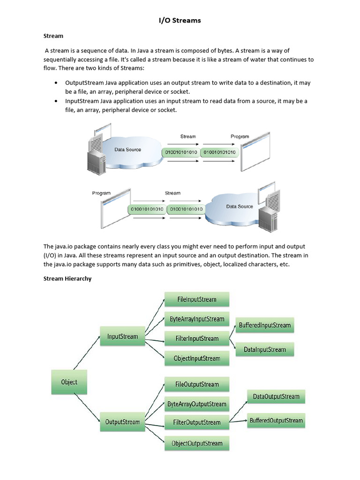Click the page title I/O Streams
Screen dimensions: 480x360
coord(180,20)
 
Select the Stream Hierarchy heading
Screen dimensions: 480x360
coord(67,278)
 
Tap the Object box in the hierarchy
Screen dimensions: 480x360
coord(69,382)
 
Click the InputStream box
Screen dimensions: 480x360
coord(122,336)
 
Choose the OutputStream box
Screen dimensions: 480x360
coord(122,422)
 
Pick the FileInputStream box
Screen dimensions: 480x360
coord(196,299)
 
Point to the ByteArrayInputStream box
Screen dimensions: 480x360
coord(196,319)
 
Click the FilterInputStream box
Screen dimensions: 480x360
coord(196,338)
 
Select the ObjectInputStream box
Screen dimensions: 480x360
coord(196,359)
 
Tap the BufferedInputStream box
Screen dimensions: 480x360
coord(264,325)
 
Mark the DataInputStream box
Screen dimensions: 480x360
coord(264,349)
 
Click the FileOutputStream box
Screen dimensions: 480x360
coord(196,384)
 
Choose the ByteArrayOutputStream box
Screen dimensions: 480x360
coord(196,404)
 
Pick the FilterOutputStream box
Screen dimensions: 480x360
coord(196,422)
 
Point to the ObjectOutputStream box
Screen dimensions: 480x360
coord(196,443)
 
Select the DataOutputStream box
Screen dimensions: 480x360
coord(276,397)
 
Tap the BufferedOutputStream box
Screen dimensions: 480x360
coord(276,420)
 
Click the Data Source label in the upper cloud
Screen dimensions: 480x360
coord(127,150)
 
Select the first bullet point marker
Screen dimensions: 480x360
coord(56,83)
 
